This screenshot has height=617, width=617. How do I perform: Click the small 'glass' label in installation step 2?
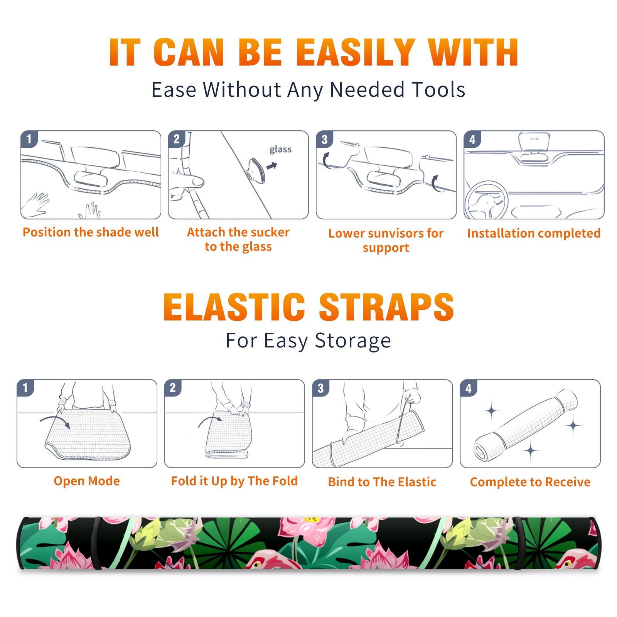click(280, 150)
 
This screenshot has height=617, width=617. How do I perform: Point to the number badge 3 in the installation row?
click(324, 139)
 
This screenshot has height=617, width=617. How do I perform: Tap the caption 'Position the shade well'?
click(91, 232)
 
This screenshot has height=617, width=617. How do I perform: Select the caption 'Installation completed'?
click(534, 233)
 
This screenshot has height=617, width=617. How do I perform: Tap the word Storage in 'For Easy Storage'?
click(353, 341)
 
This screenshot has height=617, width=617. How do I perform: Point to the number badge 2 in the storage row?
click(173, 388)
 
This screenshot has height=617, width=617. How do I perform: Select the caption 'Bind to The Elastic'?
click(382, 482)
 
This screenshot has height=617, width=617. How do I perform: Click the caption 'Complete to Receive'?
click(530, 482)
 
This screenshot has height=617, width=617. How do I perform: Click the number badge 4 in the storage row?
click(469, 388)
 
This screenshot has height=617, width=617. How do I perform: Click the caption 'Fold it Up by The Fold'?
click(234, 481)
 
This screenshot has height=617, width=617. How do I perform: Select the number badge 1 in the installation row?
click(29, 139)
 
